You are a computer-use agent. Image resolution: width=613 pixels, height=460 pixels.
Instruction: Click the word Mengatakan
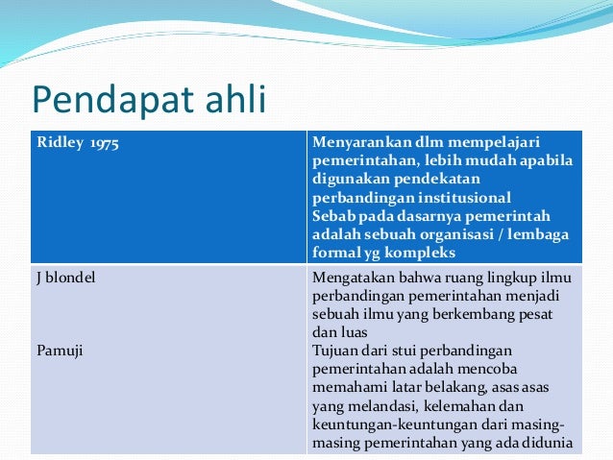pyautogui.click(x=353, y=278)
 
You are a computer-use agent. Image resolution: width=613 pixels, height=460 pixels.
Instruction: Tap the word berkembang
pyautogui.click(x=466, y=314)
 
